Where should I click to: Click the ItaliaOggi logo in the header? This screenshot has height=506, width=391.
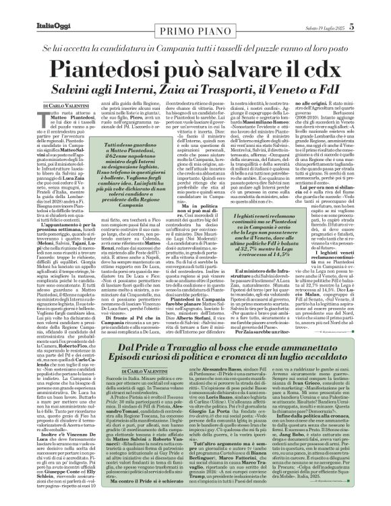coord(33,8)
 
